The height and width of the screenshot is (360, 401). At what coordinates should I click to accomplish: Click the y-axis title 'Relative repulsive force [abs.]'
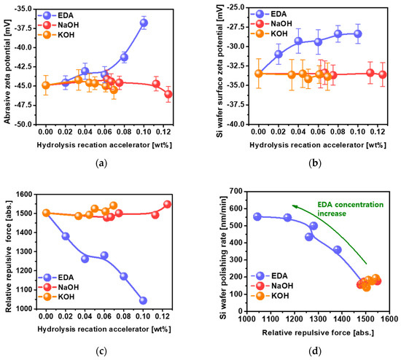tap(8, 251)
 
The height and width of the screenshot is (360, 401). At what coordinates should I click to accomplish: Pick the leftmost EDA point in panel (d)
tap(257, 216)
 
